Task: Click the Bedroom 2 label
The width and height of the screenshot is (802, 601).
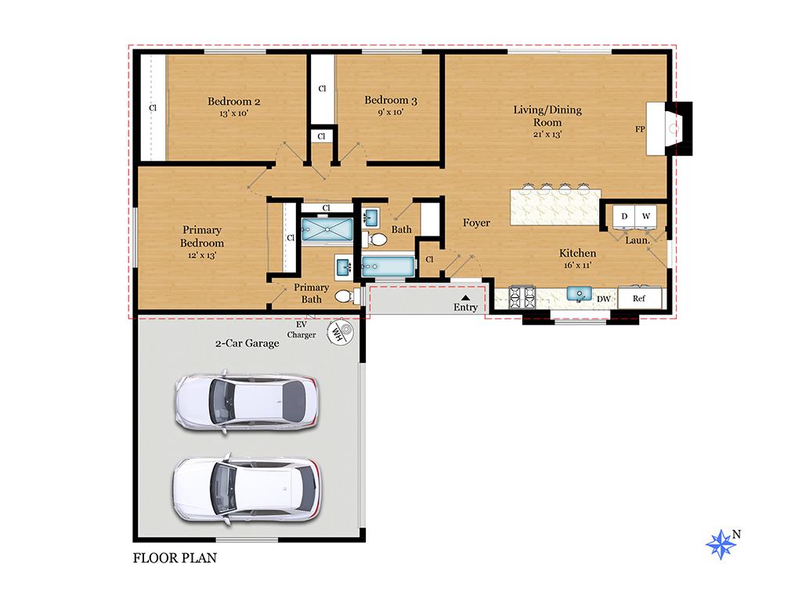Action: [x=233, y=101]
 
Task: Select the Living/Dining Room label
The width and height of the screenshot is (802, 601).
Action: [x=547, y=115]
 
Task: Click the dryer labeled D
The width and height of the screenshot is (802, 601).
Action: [x=624, y=216]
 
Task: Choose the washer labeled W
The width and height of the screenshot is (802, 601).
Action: [x=646, y=216]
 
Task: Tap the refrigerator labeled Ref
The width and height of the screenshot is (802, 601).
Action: [x=639, y=298]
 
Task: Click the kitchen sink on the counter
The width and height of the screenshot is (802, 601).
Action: [x=580, y=294]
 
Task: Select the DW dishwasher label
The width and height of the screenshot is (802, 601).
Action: [x=603, y=298]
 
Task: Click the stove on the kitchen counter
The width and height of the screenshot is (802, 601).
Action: [x=522, y=296]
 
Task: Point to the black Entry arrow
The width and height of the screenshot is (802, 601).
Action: [x=465, y=297]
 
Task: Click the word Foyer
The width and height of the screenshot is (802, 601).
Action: [x=476, y=223]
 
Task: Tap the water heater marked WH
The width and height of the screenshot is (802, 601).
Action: [x=338, y=332]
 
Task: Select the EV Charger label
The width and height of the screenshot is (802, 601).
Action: [x=302, y=329]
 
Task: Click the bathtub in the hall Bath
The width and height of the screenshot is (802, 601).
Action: [x=388, y=266]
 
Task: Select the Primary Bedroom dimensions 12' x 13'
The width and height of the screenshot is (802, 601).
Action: [x=202, y=255]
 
